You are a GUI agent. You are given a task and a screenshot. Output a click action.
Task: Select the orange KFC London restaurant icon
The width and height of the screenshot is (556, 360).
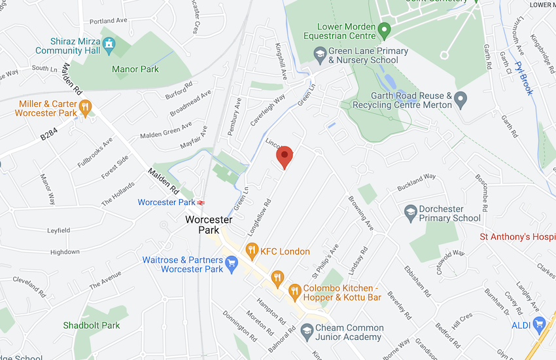(251, 251)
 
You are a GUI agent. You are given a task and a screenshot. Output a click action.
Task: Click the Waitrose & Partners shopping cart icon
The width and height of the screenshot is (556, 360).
(231, 264)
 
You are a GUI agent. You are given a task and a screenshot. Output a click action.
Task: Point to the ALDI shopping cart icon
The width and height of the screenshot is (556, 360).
(539, 323)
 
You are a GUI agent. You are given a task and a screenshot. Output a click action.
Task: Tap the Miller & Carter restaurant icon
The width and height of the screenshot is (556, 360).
(84, 108)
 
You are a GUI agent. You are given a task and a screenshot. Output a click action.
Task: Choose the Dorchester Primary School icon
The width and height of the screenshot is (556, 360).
(410, 213)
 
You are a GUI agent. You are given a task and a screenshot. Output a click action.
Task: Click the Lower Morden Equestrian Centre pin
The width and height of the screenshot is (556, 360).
(385, 30)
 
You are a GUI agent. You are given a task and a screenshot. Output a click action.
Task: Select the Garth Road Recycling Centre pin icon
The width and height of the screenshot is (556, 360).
(461, 100)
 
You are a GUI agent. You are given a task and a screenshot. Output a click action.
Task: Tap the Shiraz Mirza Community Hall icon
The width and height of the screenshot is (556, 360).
(109, 45)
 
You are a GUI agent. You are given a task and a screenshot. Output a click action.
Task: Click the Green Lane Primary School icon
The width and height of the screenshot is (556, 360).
(320, 56)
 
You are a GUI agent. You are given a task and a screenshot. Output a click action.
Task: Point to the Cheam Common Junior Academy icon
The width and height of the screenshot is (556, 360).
(306, 333)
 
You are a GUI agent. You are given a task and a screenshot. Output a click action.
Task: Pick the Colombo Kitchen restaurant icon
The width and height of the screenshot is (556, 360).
(294, 289)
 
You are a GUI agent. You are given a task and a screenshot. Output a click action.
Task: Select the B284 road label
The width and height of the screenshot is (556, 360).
(50, 136)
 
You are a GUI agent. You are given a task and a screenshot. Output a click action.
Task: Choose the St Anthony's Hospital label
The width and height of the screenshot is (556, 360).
(517, 237)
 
